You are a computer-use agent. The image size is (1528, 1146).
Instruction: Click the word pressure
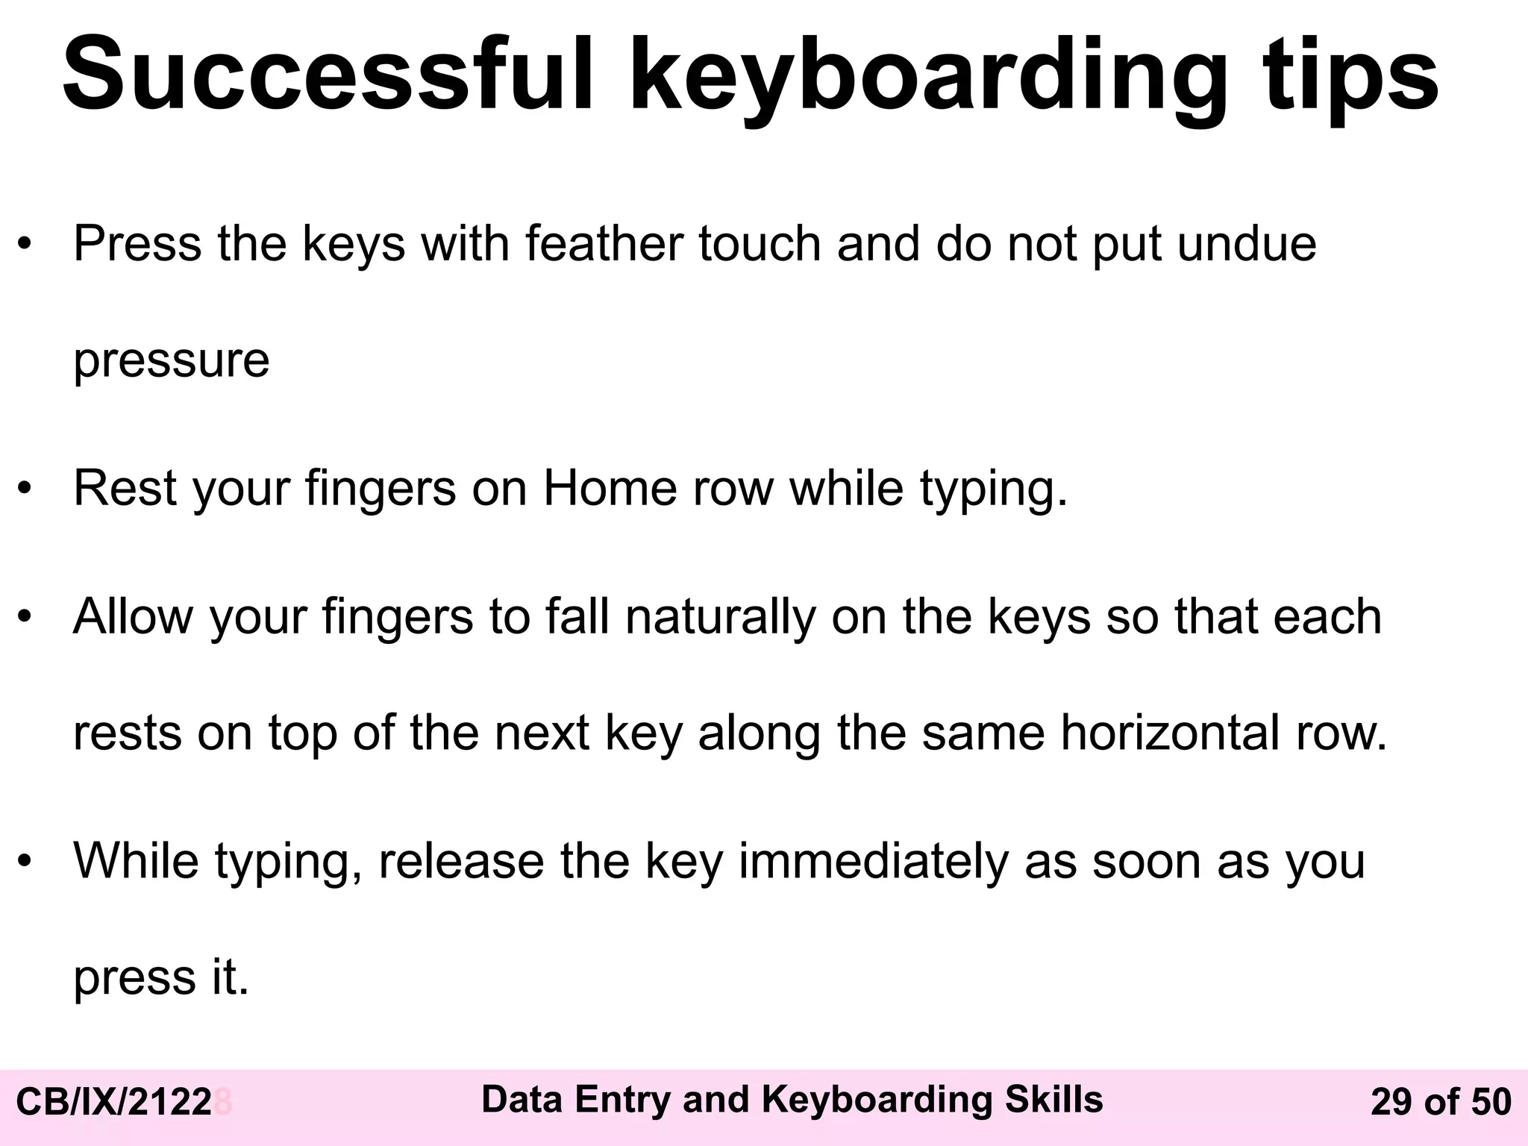[x=171, y=361]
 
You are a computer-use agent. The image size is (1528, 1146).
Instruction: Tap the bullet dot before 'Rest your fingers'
[x=25, y=489]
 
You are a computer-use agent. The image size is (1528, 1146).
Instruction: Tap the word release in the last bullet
[x=461, y=861]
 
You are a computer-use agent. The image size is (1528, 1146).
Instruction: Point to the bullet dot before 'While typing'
[x=25, y=862]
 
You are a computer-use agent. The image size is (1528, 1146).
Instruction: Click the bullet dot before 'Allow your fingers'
[x=25, y=618]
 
